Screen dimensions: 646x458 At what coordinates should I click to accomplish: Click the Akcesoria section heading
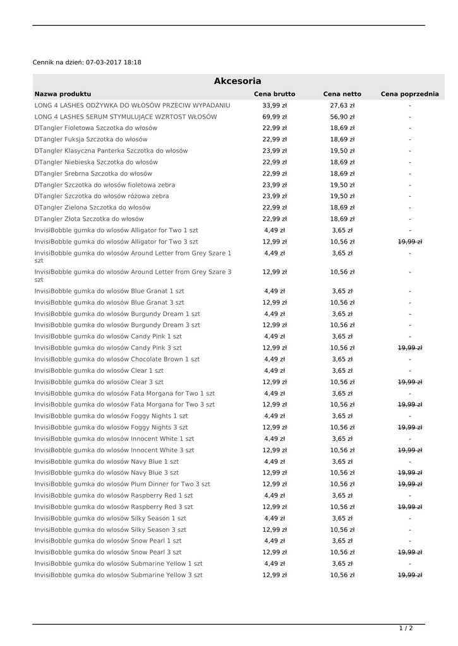pyautogui.click(x=238, y=81)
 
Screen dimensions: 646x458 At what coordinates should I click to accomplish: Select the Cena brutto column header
pyautogui.click(x=274, y=94)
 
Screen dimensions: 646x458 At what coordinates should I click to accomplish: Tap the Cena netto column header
pyautogui.click(x=342, y=94)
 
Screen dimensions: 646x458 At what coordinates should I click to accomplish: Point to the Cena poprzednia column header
pyautogui.click(x=409, y=94)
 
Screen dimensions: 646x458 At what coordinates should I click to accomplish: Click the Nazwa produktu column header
pyautogui.click(x=63, y=94)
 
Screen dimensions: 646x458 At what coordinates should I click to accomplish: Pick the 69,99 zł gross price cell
pyautogui.click(x=274, y=117)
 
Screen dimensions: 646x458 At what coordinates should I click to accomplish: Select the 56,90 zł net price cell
pyautogui.click(x=342, y=117)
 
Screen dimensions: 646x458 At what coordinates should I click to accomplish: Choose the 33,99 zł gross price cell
pyautogui.click(x=274, y=105)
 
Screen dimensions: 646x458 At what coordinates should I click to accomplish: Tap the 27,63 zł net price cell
pyautogui.click(x=342, y=105)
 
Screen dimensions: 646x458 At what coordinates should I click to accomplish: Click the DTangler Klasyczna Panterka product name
pyautogui.click(x=111, y=151)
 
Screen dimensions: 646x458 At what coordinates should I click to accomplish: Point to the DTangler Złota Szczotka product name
pyautogui.click(x=89, y=219)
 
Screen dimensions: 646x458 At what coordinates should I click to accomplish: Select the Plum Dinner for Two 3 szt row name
pyautogui.click(x=123, y=484)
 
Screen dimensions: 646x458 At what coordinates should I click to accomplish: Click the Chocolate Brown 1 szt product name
pyautogui.click(x=117, y=359)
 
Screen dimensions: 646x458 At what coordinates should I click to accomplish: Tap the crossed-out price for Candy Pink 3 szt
pyautogui.click(x=409, y=348)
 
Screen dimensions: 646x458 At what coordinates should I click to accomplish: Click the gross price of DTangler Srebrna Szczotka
pyautogui.click(x=274, y=173)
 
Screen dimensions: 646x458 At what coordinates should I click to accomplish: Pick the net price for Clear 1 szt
pyautogui.click(x=342, y=370)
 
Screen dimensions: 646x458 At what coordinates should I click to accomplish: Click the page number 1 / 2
pyautogui.click(x=406, y=628)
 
